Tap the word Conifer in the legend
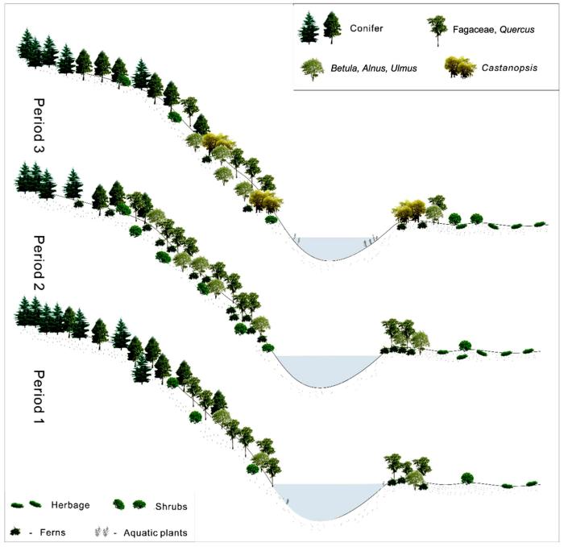pyautogui.click(x=366, y=30)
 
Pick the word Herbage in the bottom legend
pyautogui.click(x=73, y=504)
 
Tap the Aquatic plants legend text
pyautogui.click(x=152, y=532)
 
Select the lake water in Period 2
pyautogui.click(x=326, y=367)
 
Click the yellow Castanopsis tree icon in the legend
pyautogui.click(x=460, y=67)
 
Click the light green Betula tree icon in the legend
pyautogui.click(x=310, y=68)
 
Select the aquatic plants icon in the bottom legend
pyautogui.click(x=102, y=532)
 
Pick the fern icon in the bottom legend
pyautogui.click(x=17, y=532)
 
